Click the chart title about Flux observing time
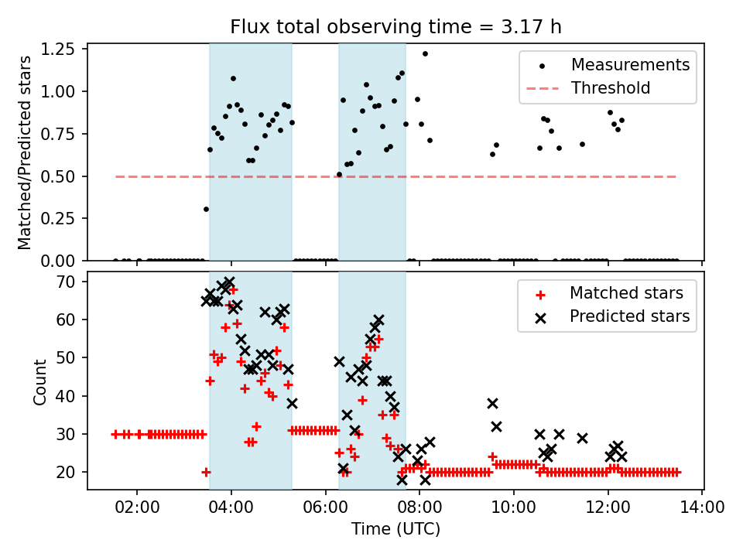tap(395, 27)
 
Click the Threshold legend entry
tap(611, 88)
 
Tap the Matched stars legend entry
tap(626, 293)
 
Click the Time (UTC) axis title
tap(395, 529)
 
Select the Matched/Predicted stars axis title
tap(26, 152)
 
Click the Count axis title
tap(40, 381)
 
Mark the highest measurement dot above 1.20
tap(425, 54)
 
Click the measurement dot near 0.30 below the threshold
tap(206, 209)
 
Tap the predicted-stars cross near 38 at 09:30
tap(492, 403)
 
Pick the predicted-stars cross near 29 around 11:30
tap(582, 438)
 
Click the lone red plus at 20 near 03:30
tap(206, 472)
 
